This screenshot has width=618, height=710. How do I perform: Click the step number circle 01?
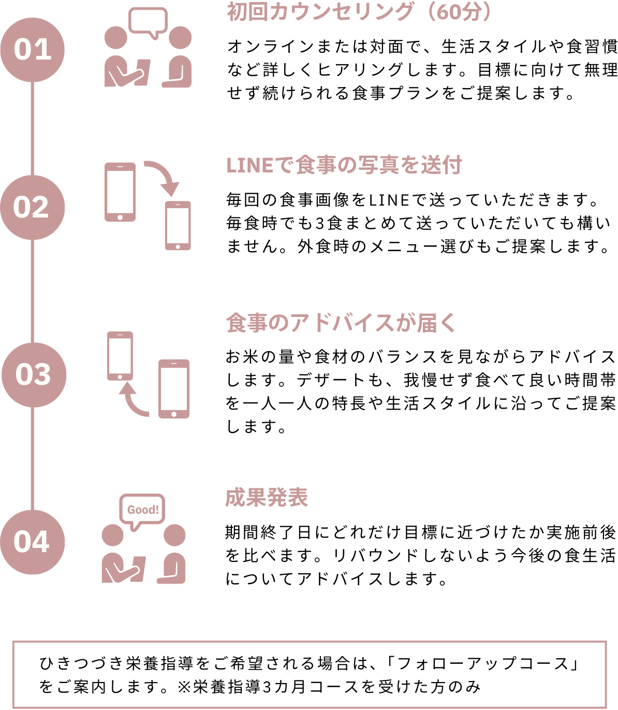(x=32, y=50)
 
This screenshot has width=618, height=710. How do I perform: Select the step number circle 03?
(x=34, y=374)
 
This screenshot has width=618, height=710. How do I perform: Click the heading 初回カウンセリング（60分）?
(x=358, y=12)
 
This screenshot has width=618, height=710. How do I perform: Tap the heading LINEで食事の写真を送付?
(x=344, y=166)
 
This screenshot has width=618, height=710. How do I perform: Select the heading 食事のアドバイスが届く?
(x=341, y=323)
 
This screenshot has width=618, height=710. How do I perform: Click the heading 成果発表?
(x=267, y=498)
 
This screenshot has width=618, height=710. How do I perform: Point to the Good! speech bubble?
(x=142, y=510)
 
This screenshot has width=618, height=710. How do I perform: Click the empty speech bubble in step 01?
(x=148, y=21)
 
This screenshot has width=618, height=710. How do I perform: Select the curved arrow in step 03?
(x=133, y=400)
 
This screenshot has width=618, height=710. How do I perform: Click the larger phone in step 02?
(x=120, y=192)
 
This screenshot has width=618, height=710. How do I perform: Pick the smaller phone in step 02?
(x=178, y=226)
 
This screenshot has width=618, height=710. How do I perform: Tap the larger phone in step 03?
(x=173, y=388)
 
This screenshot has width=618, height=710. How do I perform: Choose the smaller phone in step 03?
(x=120, y=355)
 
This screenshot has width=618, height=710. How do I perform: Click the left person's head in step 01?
(x=115, y=38)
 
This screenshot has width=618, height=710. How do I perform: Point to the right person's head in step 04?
(x=174, y=535)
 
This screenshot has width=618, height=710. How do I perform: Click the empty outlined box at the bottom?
(x=309, y=674)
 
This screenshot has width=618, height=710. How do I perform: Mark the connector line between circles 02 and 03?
(x=32, y=291)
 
